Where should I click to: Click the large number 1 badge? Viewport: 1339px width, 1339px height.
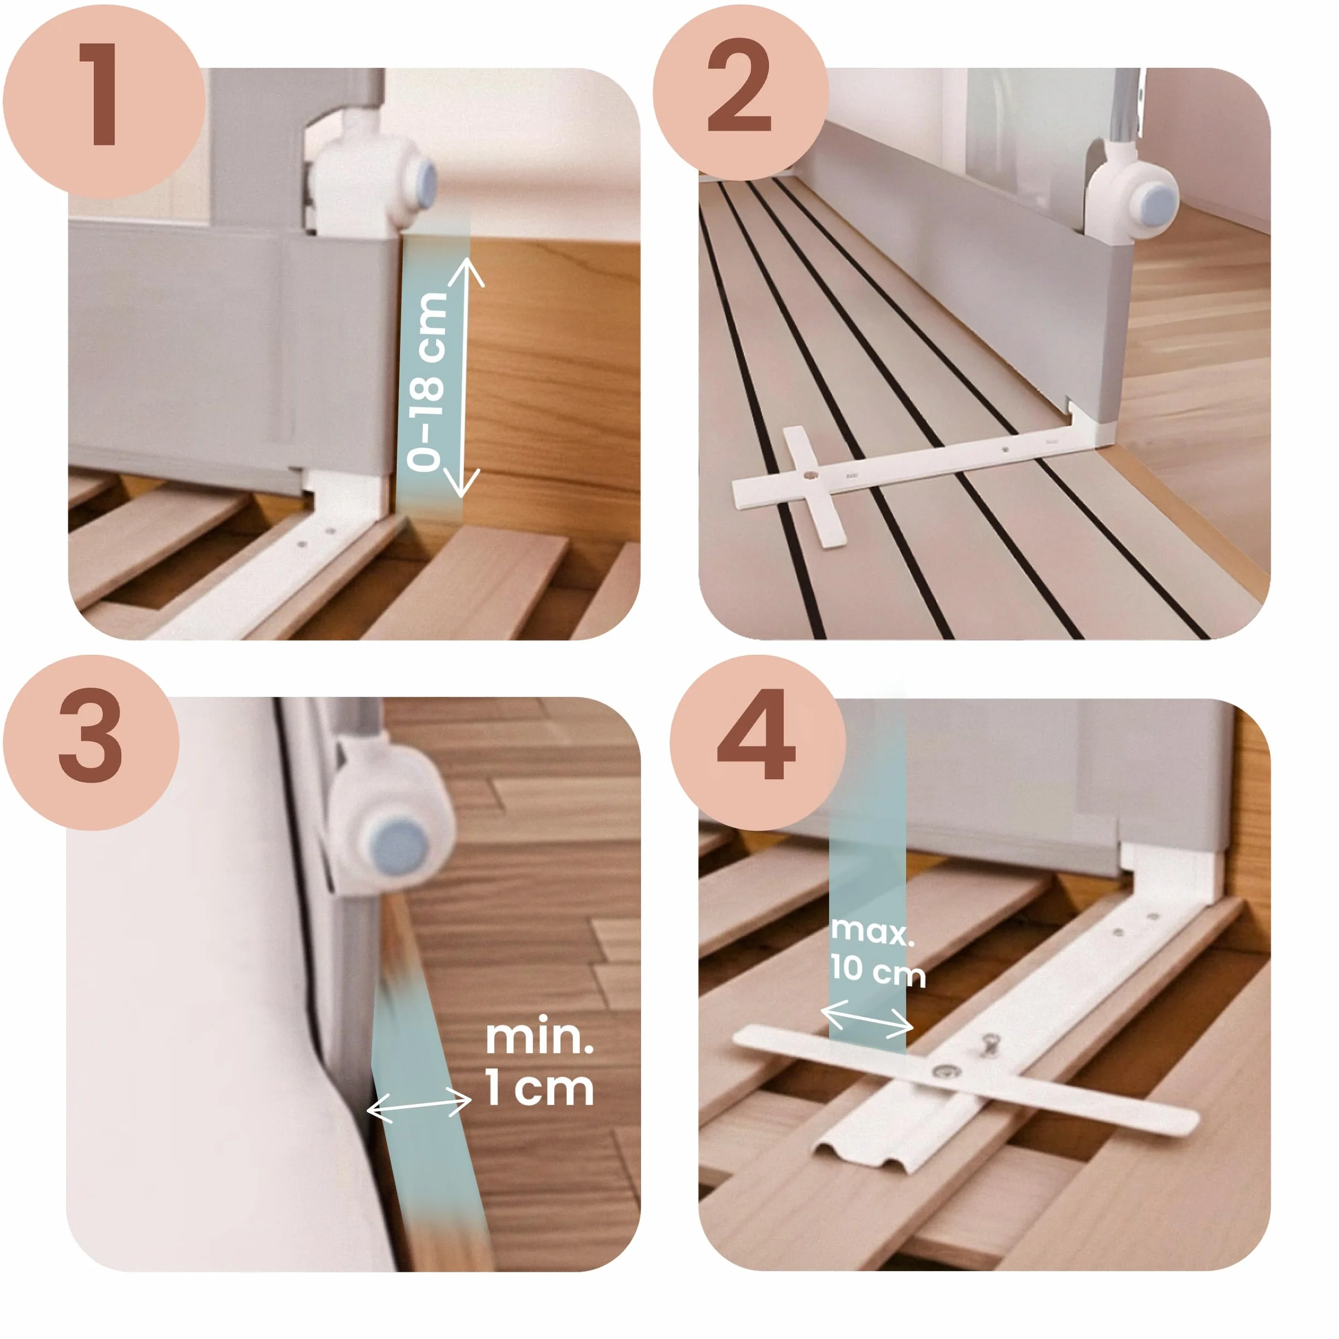pyautogui.click(x=104, y=101)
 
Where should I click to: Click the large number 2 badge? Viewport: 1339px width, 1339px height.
pyautogui.click(x=740, y=93)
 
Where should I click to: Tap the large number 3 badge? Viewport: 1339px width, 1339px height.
pyautogui.click(x=91, y=742)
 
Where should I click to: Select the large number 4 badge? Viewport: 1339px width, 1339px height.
pyautogui.click(x=757, y=742)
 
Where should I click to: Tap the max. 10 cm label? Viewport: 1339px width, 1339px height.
pyautogui.click(x=877, y=951)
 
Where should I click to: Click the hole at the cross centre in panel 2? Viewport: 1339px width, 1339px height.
pyautogui.click(x=810, y=476)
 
